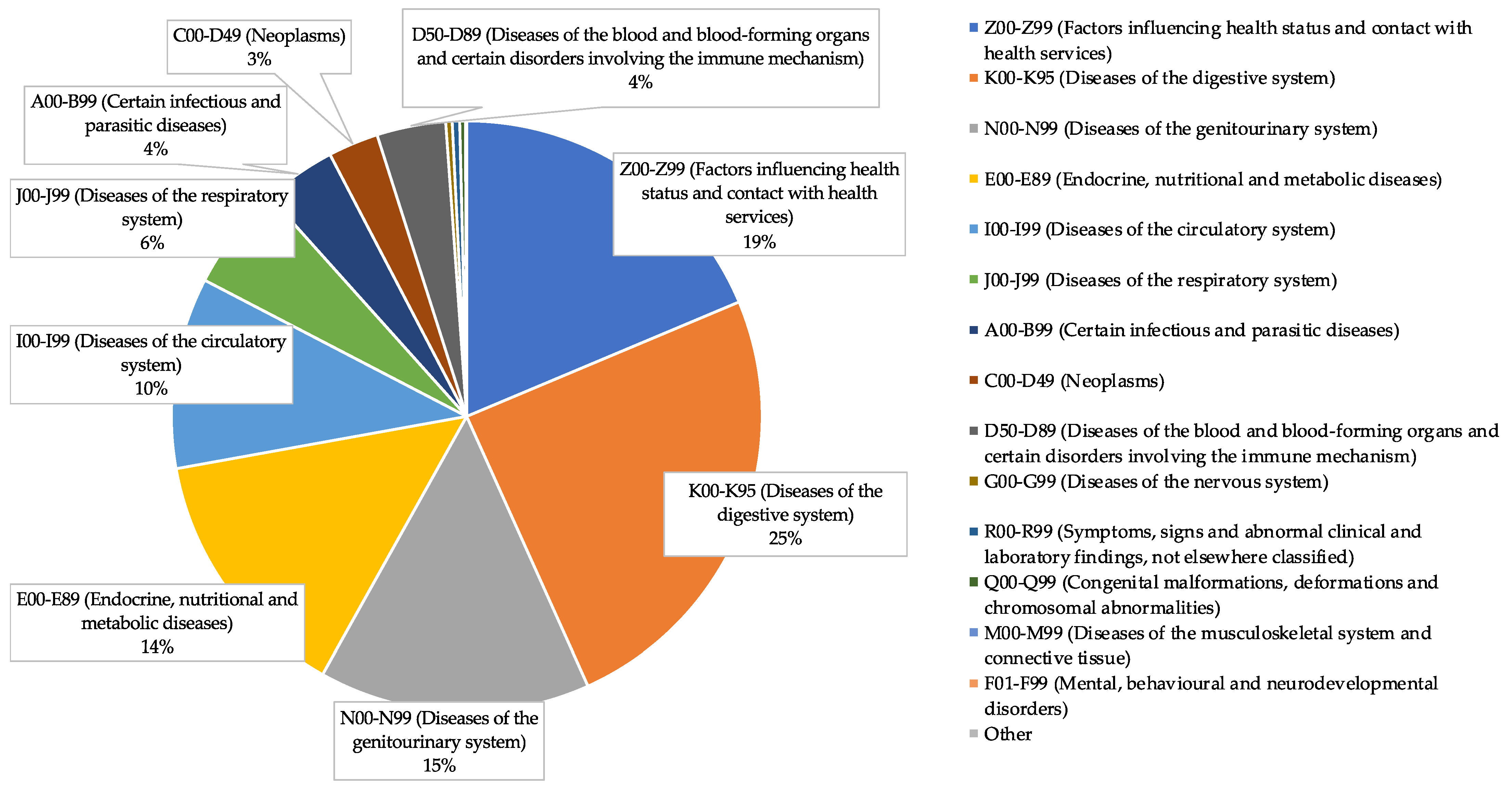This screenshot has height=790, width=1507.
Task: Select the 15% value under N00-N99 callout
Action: point(439,765)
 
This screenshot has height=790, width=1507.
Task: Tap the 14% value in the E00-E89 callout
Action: point(157,647)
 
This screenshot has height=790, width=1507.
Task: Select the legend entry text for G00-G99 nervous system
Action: point(1156,482)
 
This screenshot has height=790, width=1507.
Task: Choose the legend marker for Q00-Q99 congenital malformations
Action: point(973,582)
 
